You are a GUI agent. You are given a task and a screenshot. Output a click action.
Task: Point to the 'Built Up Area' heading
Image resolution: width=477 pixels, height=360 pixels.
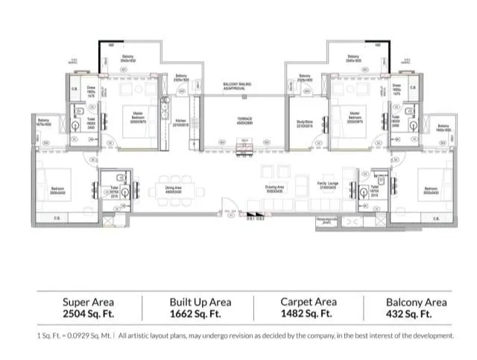200,302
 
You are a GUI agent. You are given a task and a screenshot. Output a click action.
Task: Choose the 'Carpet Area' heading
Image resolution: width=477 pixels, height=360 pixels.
309,302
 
